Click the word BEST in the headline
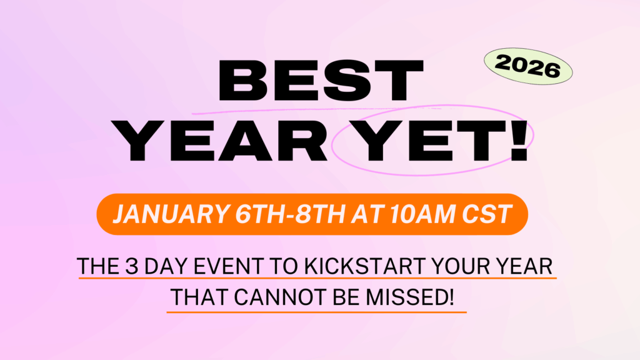pos(321,81)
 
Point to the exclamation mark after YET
pos(519,141)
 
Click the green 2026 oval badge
pos(528,66)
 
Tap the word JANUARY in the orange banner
pos(171,214)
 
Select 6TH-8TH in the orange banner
pos(291,214)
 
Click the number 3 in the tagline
pos(131,266)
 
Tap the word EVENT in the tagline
pos(228,266)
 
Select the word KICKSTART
pos(365,266)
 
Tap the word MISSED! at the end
pos(409,297)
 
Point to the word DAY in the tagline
pos(165,266)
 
